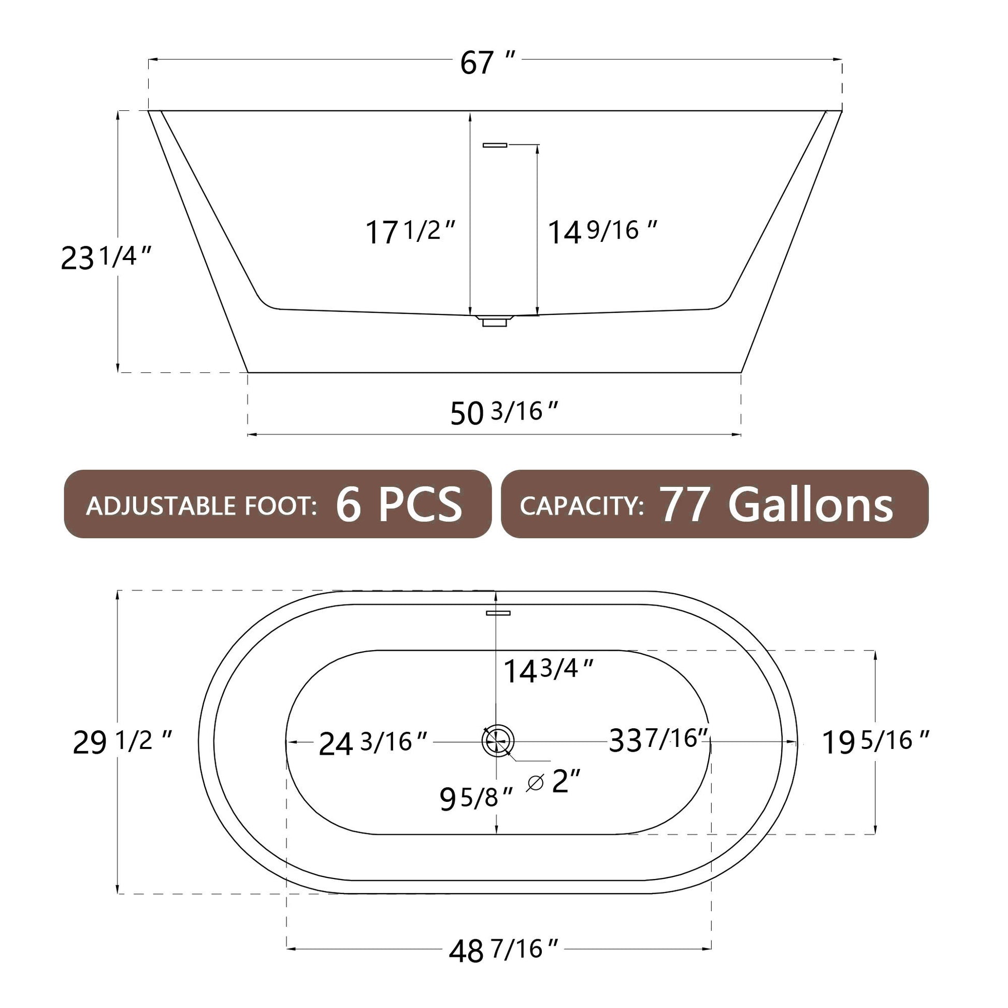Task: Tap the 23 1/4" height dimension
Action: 106,258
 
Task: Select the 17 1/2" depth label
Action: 411,232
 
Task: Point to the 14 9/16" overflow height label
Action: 602,232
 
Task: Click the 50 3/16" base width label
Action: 504,413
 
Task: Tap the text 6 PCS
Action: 399,505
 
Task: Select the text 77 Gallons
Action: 776,505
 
